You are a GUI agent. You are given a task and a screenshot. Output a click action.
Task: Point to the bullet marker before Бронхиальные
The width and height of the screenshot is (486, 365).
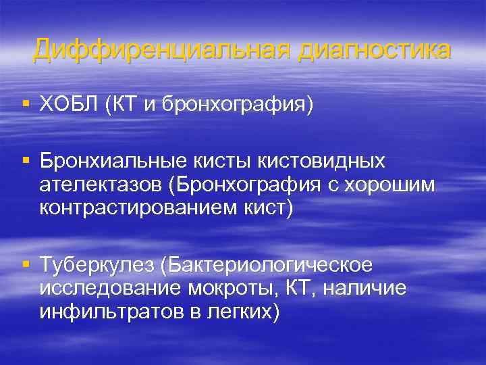pos(26,161)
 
